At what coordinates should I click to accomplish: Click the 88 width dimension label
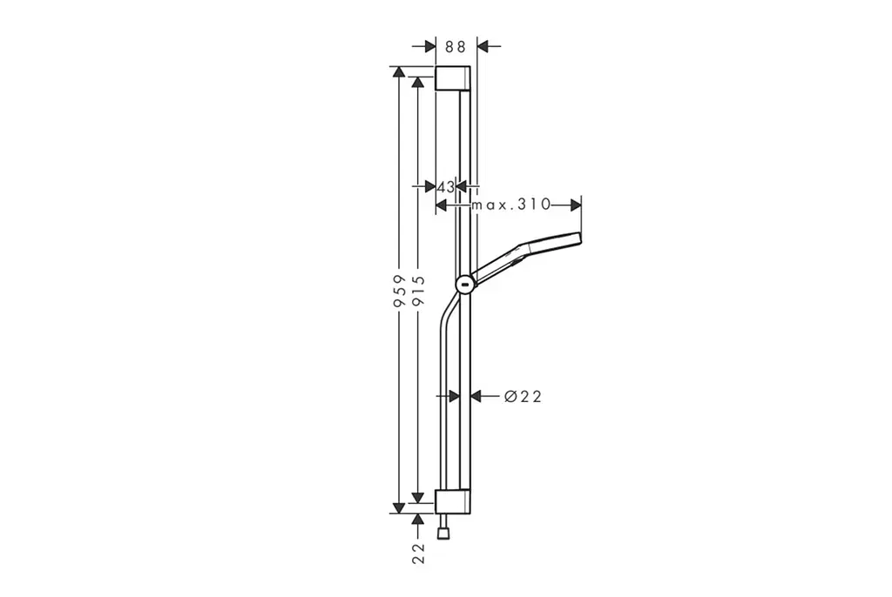click(455, 47)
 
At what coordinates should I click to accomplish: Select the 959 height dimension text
click(399, 292)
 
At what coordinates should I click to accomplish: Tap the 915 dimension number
click(418, 292)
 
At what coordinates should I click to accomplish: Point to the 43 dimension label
click(447, 186)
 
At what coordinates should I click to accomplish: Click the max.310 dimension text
click(510, 205)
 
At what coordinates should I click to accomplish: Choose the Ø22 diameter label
click(523, 396)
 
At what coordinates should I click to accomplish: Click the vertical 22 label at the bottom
click(418, 553)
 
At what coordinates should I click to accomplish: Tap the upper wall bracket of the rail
click(453, 78)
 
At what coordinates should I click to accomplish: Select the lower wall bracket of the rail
click(453, 501)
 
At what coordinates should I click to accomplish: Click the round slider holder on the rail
click(465, 284)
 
